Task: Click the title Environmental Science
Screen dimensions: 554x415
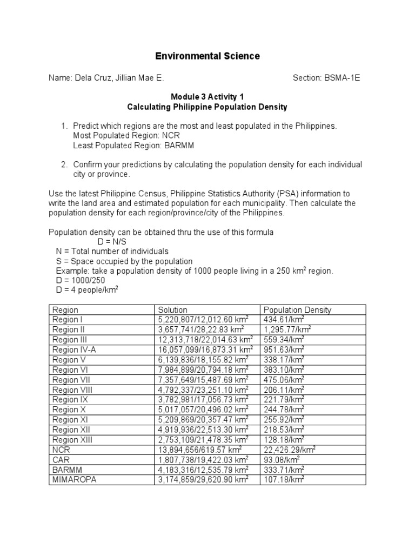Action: [x=207, y=56]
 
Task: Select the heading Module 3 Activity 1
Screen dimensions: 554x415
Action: [x=207, y=97]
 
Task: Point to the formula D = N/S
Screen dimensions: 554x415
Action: [x=115, y=242]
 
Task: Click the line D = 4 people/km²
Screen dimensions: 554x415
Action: [x=87, y=290]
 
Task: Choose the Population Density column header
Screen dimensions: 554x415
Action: [x=297, y=310]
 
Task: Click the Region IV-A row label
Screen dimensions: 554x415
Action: [x=75, y=349]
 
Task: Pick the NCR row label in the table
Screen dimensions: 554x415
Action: [x=62, y=450]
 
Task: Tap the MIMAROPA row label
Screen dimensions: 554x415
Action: [x=74, y=479]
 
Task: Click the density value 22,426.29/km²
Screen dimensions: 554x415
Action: [x=290, y=450]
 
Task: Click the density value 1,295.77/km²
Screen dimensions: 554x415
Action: [x=287, y=329]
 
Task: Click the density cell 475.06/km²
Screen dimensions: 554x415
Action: [x=284, y=380]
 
